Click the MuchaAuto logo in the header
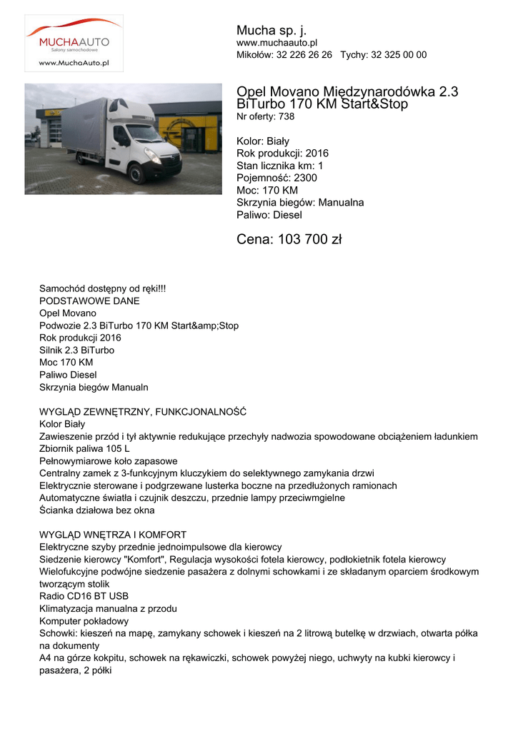click(x=74, y=43)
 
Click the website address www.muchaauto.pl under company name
click(x=277, y=44)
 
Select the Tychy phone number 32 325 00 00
click(x=399, y=55)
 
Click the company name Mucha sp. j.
click(x=272, y=30)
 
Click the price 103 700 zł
click(x=289, y=240)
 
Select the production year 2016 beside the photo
click(x=317, y=153)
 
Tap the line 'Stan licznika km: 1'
click(x=279, y=166)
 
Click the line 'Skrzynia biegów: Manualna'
click(x=300, y=203)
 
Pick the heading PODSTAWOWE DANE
click(x=89, y=301)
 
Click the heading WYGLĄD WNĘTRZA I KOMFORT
click(x=113, y=535)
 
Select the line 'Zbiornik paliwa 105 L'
click(x=84, y=449)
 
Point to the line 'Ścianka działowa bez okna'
click(x=96, y=510)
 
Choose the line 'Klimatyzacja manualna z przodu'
click(x=108, y=609)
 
